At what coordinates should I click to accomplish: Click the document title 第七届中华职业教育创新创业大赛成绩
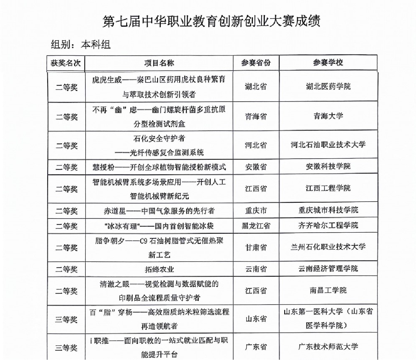(211, 21)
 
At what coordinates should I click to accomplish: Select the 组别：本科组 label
(81, 44)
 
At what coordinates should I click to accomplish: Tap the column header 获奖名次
(66, 63)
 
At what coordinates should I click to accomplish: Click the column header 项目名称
(159, 63)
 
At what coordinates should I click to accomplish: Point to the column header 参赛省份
(256, 63)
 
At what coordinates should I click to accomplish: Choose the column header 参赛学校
(328, 63)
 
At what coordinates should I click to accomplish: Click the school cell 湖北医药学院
(328, 86)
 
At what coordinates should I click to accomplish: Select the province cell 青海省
(256, 116)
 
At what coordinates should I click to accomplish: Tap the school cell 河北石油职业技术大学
(328, 145)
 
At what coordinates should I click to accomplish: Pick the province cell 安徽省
(256, 167)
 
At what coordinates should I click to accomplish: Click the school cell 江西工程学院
(328, 188)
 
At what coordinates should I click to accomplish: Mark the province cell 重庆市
(256, 211)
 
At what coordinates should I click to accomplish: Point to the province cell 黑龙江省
(256, 226)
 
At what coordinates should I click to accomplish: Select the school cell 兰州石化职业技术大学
(328, 247)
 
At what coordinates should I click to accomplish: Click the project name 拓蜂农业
(159, 269)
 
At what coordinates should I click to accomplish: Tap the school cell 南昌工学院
(328, 290)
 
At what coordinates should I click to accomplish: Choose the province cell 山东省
(256, 319)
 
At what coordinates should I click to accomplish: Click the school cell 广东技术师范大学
(328, 347)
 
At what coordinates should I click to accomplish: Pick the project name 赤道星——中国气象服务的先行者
(159, 211)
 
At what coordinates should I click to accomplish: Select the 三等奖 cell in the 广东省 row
(66, 348)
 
